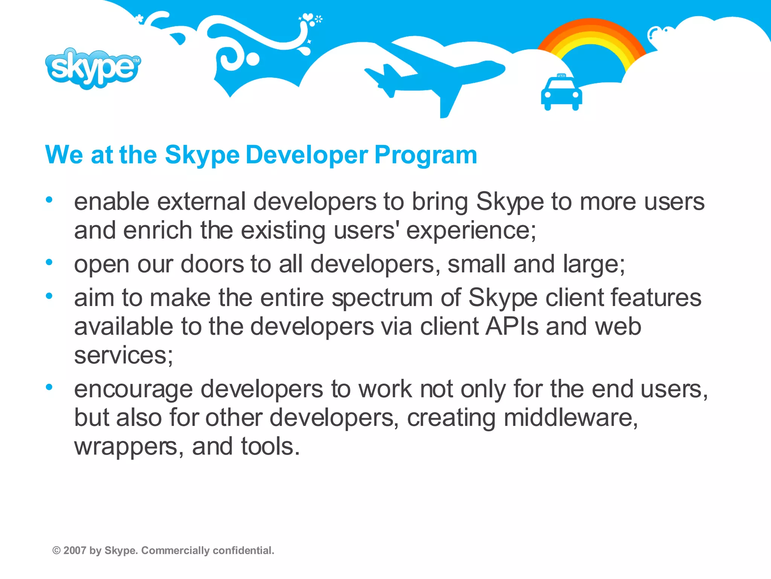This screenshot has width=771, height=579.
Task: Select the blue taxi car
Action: click(561, 93)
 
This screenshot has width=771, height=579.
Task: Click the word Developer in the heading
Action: click(307, 155)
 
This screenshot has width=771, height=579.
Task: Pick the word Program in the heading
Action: click(425, 155)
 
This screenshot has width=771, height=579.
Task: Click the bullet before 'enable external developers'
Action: click(49, 200)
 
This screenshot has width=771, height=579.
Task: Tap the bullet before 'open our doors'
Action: click(49, 262)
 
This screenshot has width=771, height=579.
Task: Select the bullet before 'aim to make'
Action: click(49, 296)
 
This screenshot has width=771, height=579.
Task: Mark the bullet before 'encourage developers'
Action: click(49, 387)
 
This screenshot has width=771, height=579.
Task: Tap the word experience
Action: click(471, 231)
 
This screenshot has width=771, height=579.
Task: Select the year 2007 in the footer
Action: click(75, 551)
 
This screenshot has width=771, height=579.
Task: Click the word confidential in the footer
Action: click(243, 551)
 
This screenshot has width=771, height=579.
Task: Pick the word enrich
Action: click(158, 230)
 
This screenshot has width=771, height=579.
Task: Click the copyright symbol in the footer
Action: click(56, 551)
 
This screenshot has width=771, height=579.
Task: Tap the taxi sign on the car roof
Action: click(561, 76)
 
